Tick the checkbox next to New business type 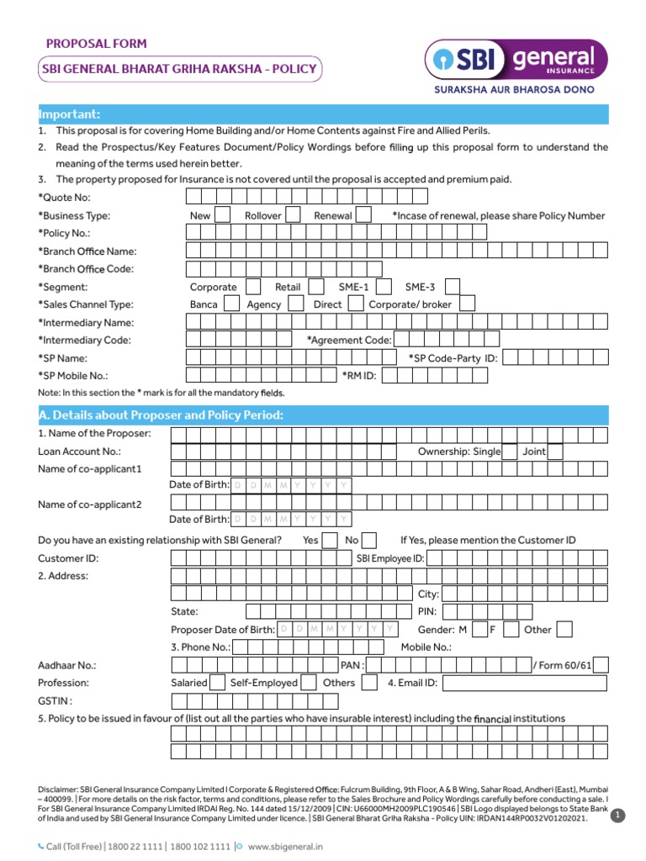tap(222, 215)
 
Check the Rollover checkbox tap(293, 215)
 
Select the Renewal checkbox tap(363, 215)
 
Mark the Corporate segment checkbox tap(253, 287)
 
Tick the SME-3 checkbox tap(452, 287)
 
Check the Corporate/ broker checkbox tap(468, 304)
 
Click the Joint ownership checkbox tap(555, 452)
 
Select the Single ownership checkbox tap(510, 452)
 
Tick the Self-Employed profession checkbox tap(309, 683)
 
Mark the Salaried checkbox tap(217, 683)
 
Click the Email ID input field tap(524, 683)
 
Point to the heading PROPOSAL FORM tap(96, 44)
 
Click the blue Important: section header tap(323, 114)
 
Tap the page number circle tap(618, 815)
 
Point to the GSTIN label tap(55, 700)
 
